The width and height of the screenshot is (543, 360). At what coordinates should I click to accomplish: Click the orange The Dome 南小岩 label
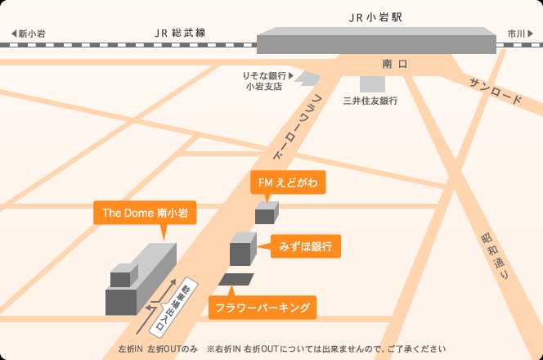[x=145, y=213]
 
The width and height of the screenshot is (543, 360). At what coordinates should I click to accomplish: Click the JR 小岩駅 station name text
[x=375, y=16]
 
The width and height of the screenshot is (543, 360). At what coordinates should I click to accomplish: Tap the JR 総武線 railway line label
[x=179, y=33]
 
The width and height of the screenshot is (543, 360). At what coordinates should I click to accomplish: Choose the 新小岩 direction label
[x=29, y=34]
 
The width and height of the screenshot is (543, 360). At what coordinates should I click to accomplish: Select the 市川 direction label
[x=518, y=34]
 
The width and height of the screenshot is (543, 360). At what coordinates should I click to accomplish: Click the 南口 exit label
[x=394, y=63]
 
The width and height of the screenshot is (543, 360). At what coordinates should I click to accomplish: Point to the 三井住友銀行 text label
[x=370, y=101]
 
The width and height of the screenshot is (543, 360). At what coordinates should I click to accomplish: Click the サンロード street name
[x=495, y=92]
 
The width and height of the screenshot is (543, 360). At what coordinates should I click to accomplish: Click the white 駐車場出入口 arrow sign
[x=169, y=306]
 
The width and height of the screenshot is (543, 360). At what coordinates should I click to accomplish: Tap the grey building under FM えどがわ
[x=267, y=214]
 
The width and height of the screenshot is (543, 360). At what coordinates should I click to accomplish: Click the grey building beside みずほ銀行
[x=243, y=250]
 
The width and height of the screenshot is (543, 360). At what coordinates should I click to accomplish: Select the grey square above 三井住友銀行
[x=372, y=83]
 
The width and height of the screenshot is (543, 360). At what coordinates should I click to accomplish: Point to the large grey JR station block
[x=376, y=41]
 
